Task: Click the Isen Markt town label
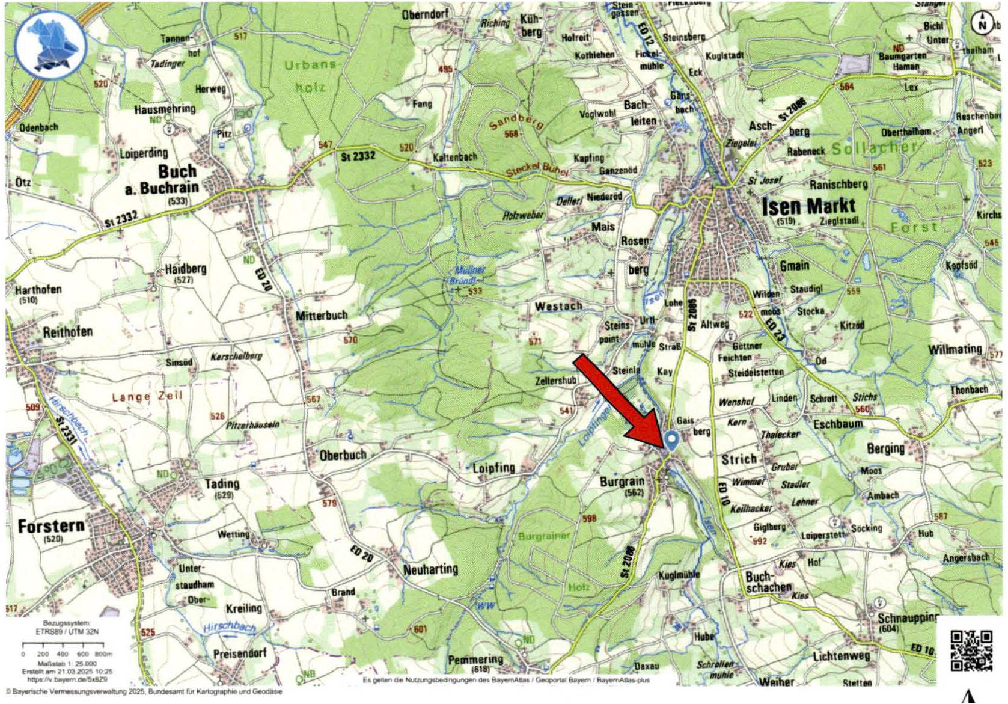[808, 207]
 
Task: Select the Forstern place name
[51, 527]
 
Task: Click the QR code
[971, 650]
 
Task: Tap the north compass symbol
[982, 24]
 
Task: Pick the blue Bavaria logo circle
[50, 45]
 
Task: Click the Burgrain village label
[622, 482]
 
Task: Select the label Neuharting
[430, 569]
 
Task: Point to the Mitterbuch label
[322, 316]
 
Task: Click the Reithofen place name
[68, 332]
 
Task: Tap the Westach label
[558, 306]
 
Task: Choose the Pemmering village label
[475, 660]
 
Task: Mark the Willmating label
[955, 349]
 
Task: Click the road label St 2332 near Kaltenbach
[358, 156]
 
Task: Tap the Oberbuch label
[343, 455]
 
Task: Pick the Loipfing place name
[493, 468]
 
